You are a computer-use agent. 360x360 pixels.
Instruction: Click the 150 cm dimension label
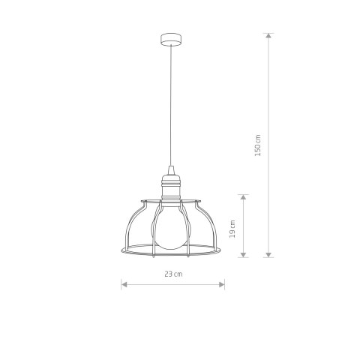point(257,145)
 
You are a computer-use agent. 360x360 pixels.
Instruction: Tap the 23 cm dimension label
point(173,274)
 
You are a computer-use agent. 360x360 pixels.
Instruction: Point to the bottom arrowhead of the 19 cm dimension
point(244,255)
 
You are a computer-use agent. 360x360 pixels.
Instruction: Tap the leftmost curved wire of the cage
point(128,225)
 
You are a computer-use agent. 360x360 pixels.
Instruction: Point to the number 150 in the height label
point(257,142)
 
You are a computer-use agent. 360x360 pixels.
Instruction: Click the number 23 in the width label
point(169,274)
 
